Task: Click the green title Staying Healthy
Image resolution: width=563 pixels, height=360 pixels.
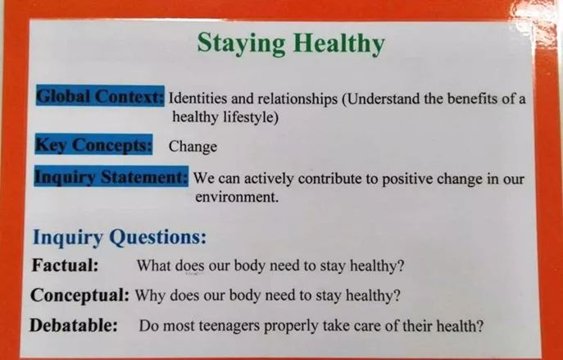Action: click(x=291, y=43)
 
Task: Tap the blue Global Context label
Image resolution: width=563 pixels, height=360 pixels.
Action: click(x=100, y=96)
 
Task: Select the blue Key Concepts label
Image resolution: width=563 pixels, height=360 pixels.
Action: click(x=93, y=144)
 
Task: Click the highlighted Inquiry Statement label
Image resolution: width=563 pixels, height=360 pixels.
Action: click(x=111, y=176)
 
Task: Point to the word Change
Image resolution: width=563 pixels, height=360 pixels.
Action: click(x=193, y=147)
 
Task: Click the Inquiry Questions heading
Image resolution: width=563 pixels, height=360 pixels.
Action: click(x=120, y=238)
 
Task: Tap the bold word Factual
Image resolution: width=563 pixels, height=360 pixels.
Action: click(x=65, y=265)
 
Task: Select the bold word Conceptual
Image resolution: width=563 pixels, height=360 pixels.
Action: click(x=79, y=296)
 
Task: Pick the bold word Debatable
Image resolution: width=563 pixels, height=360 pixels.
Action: click(x=74, y=326)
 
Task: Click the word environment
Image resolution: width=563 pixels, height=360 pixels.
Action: click(x=237, y=197)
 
